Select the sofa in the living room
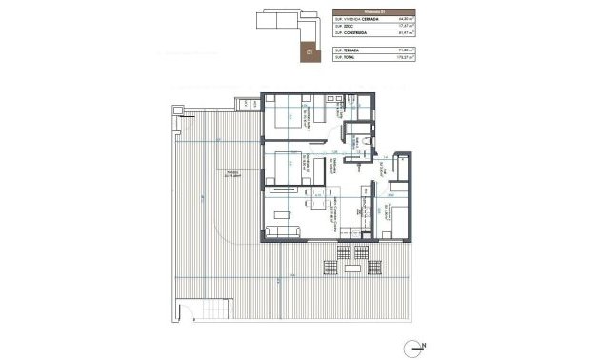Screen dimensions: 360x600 point(284,231)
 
